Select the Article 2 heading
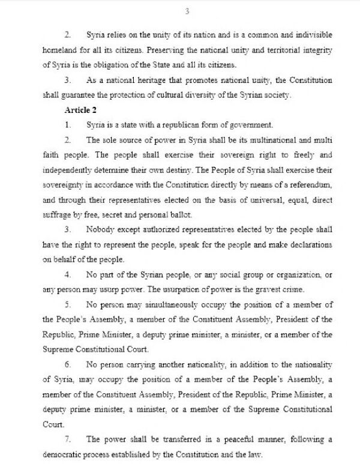[x=80, y=110]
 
